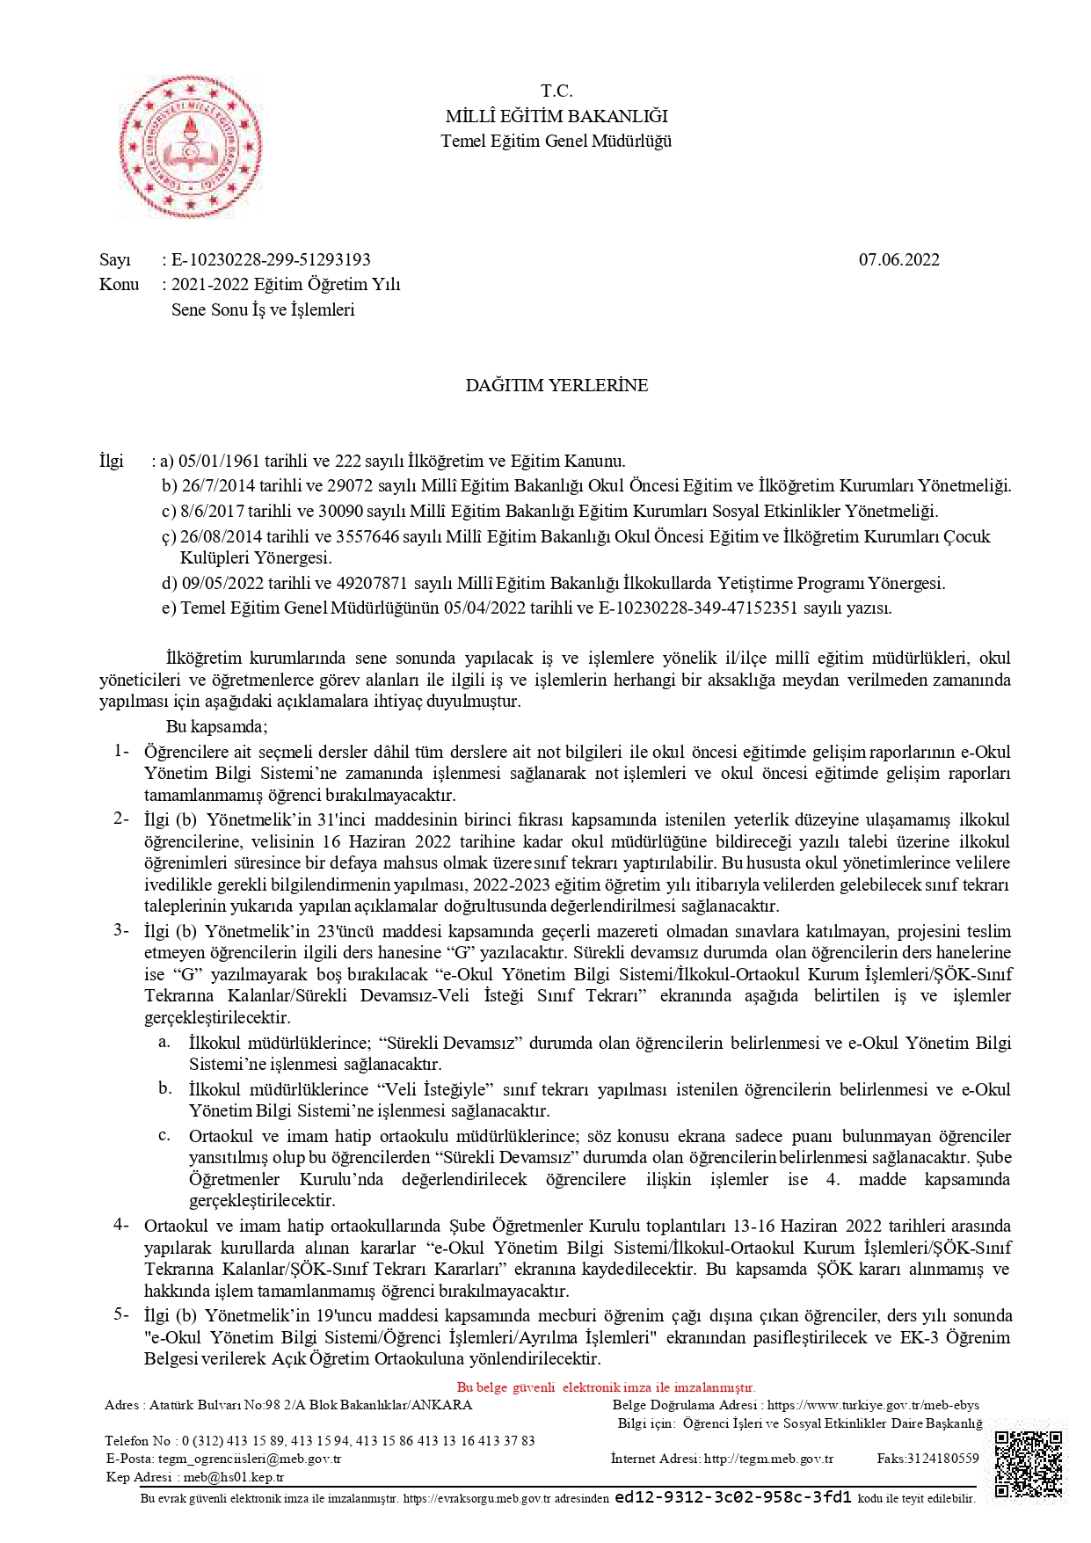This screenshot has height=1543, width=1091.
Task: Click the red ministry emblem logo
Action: click(x=190, y=146)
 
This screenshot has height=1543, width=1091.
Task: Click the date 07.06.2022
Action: click(x=898, y=259)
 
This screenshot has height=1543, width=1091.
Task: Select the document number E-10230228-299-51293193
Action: click(x=271, y=259)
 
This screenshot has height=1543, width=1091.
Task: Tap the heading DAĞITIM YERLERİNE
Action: click(x=556, y=385)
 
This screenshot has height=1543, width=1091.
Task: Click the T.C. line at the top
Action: click(x=556, y=91)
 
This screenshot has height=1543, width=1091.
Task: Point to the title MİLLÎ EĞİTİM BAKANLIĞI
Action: click(x=556, y=116)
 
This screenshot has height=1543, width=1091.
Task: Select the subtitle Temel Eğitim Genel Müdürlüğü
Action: click(x=556, y=141)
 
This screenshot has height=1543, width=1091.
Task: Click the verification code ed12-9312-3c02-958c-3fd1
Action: click(x=733, y=1497)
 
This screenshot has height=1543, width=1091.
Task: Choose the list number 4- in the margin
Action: click(x=120, y=1225)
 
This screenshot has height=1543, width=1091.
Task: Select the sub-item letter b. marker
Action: click(x=164, y=1088)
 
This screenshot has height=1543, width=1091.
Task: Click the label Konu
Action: click(x=119, y=284)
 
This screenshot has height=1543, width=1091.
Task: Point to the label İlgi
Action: click(x=111, y=461)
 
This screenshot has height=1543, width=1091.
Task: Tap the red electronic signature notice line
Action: click(x=606, y=1387)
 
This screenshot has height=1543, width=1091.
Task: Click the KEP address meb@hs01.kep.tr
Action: click(x=233, y=1477)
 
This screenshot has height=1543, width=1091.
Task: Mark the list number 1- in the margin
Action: click(x=120, y=751)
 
